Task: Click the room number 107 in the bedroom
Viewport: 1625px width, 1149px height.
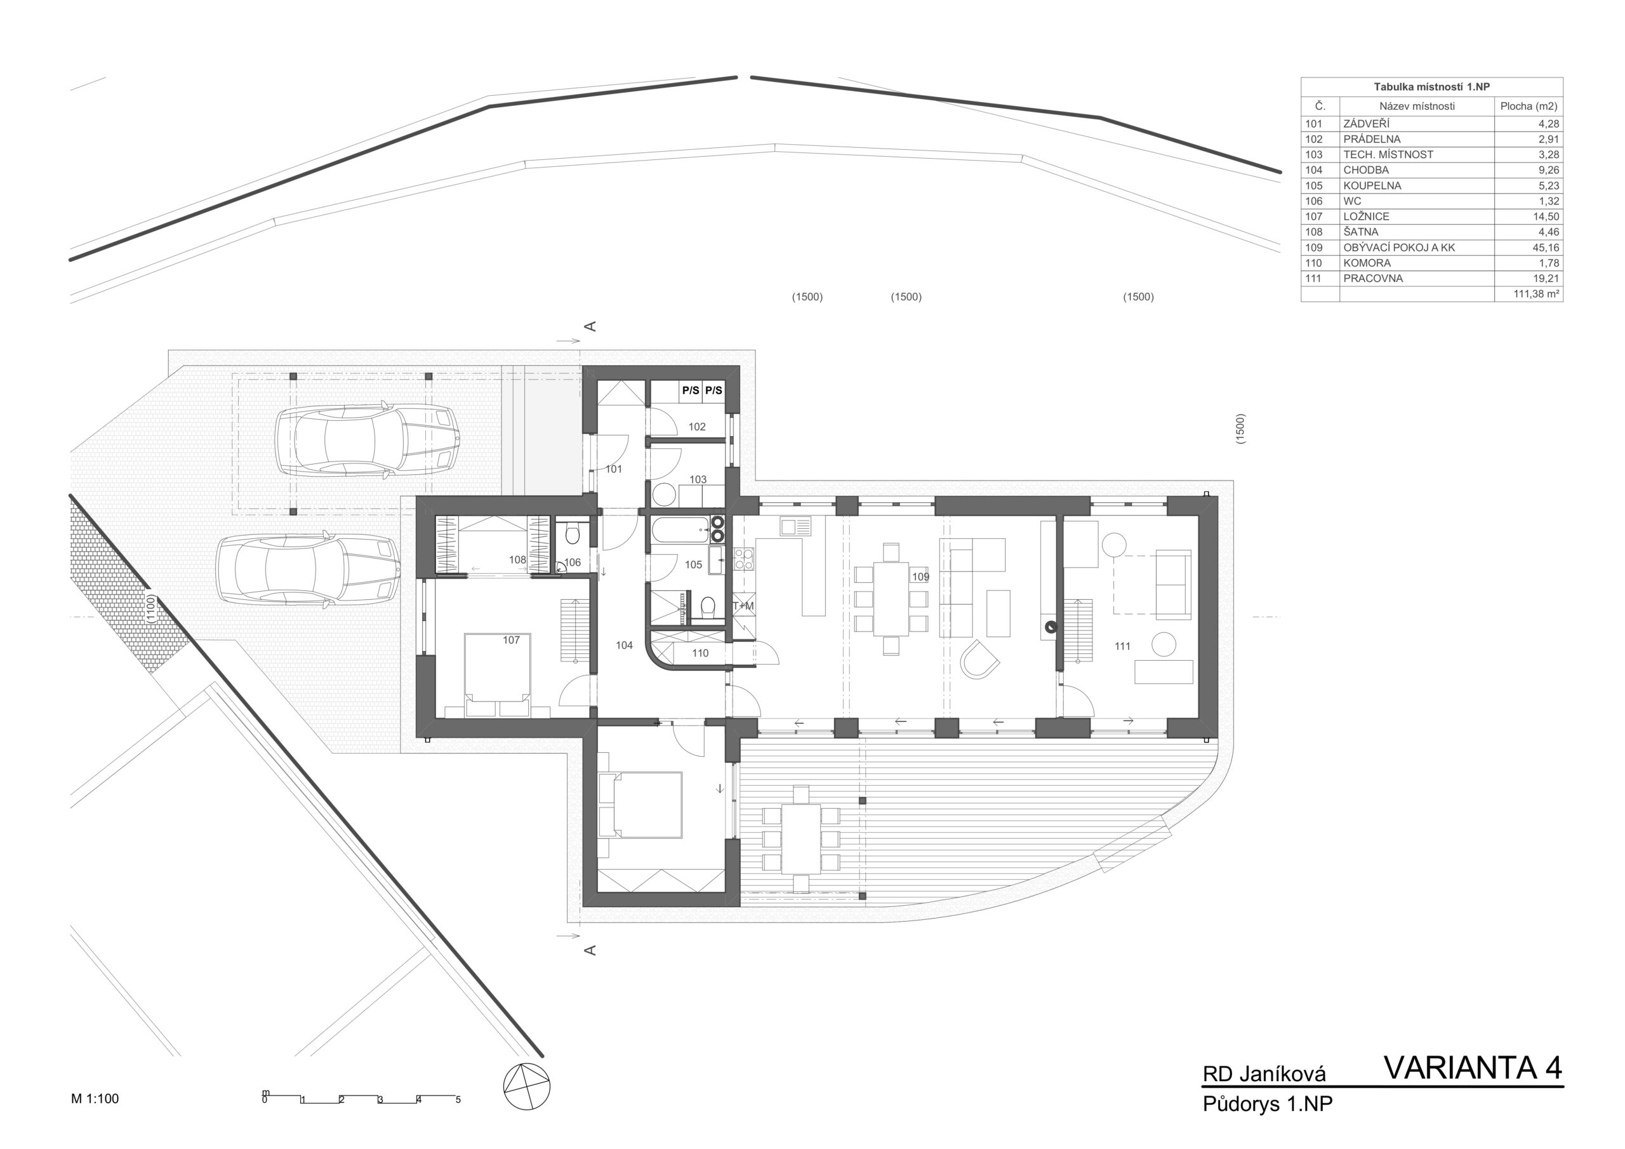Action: [511, 640]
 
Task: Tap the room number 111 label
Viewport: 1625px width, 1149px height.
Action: [1122, 646]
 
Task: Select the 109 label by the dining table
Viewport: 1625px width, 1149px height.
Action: [920, 577]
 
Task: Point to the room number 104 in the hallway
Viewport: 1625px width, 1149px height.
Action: [623, 645]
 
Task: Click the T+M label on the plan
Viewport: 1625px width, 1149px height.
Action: [743, 606]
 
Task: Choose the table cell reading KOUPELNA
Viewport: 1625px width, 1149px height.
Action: [1372, 185]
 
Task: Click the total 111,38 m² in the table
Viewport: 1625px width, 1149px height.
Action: [1537, 294]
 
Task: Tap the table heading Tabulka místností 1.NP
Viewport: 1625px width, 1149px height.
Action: [1431, 87]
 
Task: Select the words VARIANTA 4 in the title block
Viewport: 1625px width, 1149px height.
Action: [1473, 1068]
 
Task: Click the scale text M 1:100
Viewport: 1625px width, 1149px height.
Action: [95, 1099]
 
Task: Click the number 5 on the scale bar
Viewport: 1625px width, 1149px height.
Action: [458, 1100]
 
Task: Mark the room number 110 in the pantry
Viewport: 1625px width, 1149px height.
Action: [700, 653]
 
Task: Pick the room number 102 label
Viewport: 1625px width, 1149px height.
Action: [697, 427]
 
